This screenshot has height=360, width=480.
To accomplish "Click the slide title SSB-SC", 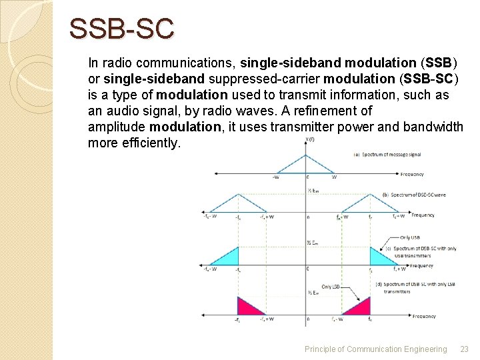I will point(122,29).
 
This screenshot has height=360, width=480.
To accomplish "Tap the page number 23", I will point(465,349).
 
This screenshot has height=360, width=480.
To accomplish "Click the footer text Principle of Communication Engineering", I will point(375,349).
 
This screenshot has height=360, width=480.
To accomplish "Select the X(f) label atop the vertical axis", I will point(310,139).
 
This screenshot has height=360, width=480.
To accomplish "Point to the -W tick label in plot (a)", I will point(275,177).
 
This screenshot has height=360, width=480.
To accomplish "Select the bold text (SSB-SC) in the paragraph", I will point(426,79).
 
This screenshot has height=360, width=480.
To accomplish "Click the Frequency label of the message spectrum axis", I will point(411,175).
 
